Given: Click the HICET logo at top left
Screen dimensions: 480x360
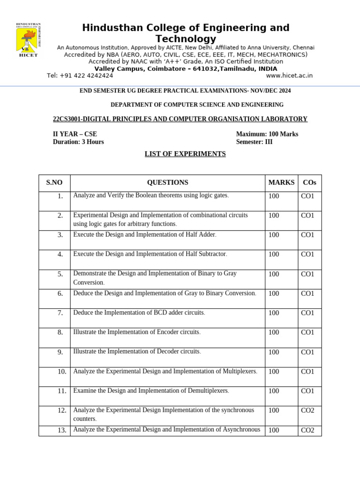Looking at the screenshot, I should point(29,40).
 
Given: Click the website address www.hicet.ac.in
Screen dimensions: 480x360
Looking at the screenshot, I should point(289,75).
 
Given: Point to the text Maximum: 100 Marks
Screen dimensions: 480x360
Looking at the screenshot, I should point(267,134).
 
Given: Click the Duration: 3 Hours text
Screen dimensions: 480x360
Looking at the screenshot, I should point(78,142).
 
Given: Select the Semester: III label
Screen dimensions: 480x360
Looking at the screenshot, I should point(254,142).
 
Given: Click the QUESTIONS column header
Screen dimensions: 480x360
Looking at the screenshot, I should point(167,183).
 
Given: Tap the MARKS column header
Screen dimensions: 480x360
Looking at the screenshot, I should point(281,183).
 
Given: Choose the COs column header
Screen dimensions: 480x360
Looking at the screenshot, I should point(309,183).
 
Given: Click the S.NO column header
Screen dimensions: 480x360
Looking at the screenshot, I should point(54,183).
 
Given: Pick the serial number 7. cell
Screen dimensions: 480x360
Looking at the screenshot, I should point(60,313).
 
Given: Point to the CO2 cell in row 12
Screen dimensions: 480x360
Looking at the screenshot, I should point(307,411).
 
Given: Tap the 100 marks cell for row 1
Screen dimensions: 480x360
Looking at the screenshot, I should point(273,196).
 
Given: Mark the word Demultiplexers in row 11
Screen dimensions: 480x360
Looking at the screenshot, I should point(207,390).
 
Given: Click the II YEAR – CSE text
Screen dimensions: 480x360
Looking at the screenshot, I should point(75,134).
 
